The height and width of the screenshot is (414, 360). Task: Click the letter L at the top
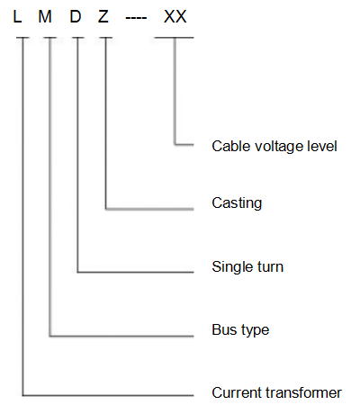tap(17, 16)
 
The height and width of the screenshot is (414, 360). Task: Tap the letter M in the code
tap(45, 16)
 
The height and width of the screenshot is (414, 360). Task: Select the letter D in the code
tap(76, 16)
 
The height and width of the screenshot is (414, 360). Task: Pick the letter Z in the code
tap(103, 16)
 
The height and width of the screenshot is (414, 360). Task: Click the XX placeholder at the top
tap(175, 16)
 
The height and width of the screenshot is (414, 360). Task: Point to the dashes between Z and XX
tap(136, 18)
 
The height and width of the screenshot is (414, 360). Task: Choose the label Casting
tap(237, 203)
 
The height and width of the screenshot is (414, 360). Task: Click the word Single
tap(229, 267)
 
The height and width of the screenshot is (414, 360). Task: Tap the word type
tap(255, 330)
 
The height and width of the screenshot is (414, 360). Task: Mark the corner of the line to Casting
tap(105, 209)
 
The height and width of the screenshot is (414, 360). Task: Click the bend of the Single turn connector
tap(77, 272)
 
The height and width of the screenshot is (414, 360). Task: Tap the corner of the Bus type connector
tap(49, 336)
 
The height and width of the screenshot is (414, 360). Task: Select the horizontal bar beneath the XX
tap(174, 38)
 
